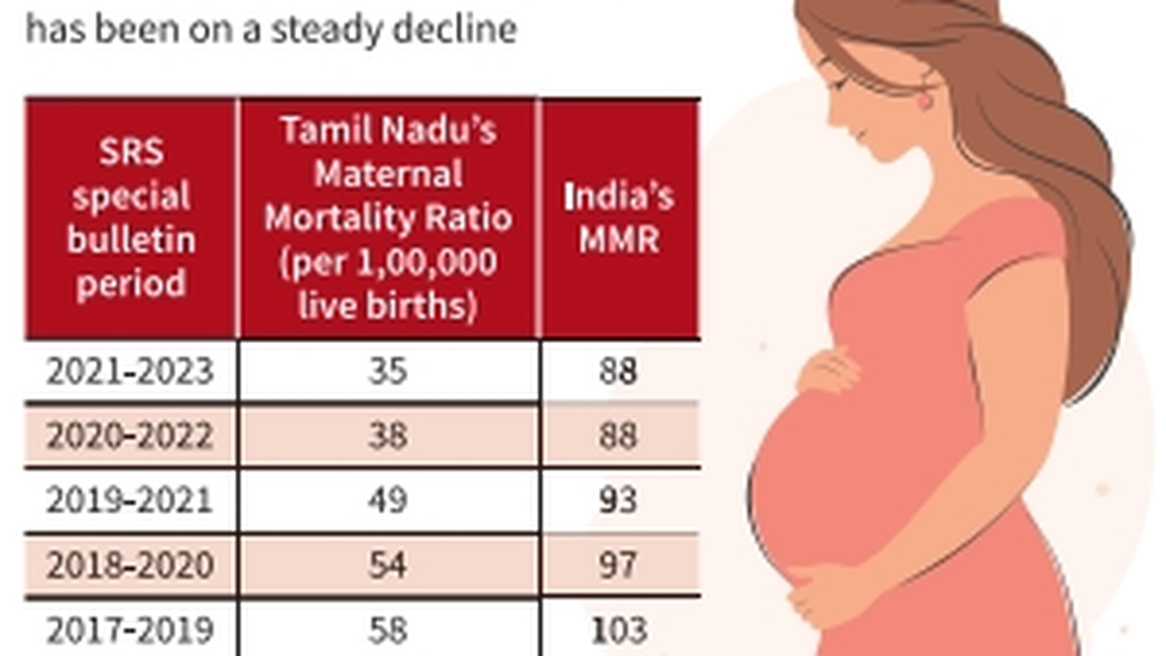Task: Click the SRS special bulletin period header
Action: pos(129,218)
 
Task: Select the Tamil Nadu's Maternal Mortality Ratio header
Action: pos(388,218)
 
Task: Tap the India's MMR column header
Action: pos(619,218)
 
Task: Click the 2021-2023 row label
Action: pos(129,371)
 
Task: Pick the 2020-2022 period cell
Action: pos(129,435)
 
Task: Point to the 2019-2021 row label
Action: pos(129,500)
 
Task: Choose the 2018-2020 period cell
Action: pos(129,564)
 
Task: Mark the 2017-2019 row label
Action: pos(129,629)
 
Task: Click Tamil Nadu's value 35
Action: pos(388,371)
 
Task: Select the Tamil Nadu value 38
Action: pos(388,435)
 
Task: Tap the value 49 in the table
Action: pos(388,500)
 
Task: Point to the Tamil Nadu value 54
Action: pos(388,564)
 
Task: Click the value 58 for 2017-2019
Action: pos(388,629)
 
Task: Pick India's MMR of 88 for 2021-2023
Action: pos(619,371)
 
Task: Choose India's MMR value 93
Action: pos(619,500)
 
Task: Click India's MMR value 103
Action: pos(619,629)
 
